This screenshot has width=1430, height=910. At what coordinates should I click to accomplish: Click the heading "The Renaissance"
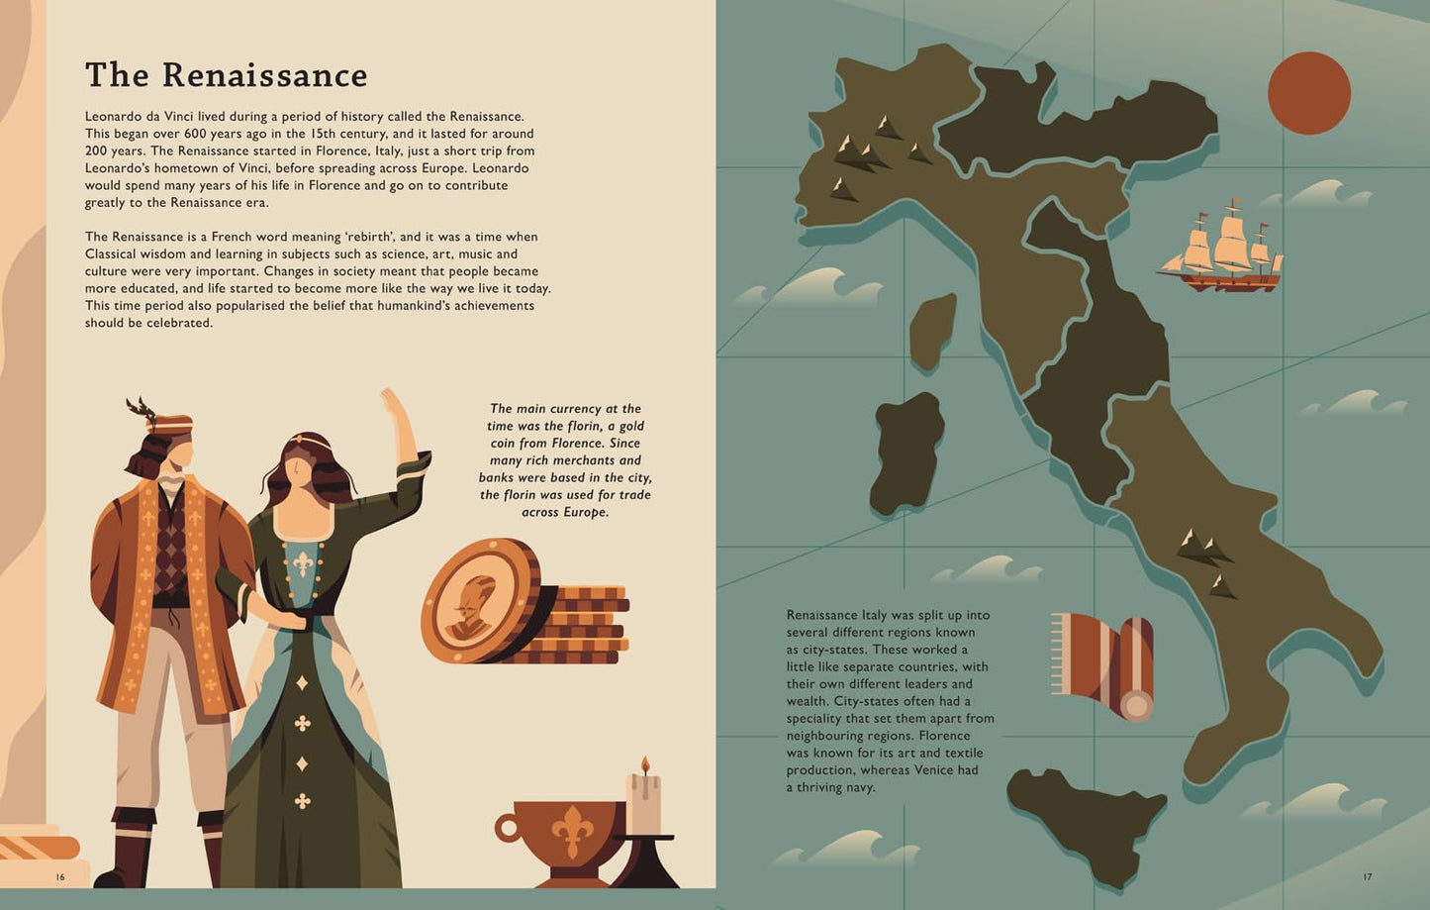coord(226,75)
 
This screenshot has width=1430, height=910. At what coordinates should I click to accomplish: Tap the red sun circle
coord(1308,93)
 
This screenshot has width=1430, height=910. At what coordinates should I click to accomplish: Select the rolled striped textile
coord(1104,661)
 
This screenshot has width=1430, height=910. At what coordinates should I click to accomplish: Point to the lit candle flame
coord(644,764)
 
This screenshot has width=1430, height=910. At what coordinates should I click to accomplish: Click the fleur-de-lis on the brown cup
coord(572,830)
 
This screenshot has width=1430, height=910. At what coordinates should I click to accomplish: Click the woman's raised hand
coord(394,403)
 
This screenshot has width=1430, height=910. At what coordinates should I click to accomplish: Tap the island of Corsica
coord(932,330)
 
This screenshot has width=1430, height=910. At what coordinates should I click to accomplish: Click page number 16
coord(60,877)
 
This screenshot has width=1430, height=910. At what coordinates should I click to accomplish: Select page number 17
coord(1368,877)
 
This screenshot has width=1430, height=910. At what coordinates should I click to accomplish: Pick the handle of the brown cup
coord(508,828)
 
